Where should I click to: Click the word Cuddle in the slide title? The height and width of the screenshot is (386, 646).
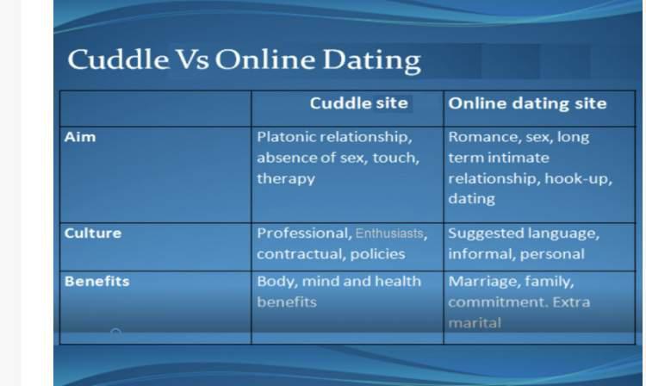(118, 59)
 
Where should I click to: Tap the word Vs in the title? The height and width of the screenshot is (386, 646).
(192, 59)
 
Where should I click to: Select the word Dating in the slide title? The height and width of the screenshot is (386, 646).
(371, 61)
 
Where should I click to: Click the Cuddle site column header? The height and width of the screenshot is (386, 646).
(359, 103)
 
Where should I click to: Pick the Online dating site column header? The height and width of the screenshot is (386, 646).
(527, 103)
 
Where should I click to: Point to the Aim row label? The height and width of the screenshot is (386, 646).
(80, 137)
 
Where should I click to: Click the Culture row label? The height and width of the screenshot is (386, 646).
(93, 233)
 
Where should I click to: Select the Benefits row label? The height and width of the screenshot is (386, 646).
(96, 281)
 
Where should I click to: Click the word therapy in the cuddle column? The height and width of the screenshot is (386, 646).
(286, 179)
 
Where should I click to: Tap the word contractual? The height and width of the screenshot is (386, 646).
(301, 254)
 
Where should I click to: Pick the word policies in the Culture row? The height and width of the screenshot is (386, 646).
(378, 254)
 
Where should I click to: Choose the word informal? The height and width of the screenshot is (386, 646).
(481, 254)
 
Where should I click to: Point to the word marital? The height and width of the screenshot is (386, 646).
(475, 322)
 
